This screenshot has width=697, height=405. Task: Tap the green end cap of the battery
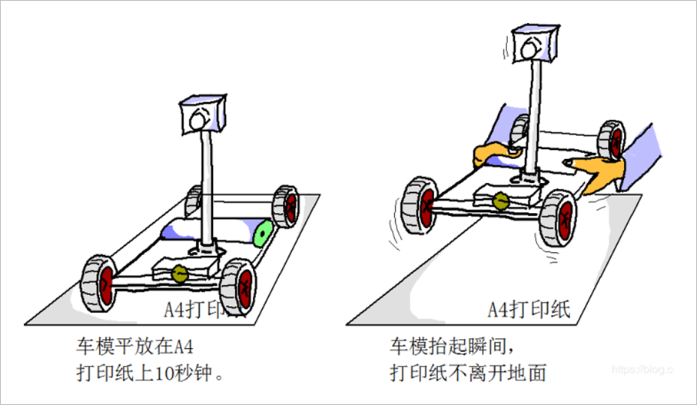pyautogui.click(x=264, y=232)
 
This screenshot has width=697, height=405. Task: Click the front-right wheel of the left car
pyautogui.click(x=239, y=284)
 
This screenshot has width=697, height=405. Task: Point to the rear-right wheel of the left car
pyautogui.click(x=286, y=206)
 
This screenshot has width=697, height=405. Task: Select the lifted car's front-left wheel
pyautogui.click(x=421, y=205)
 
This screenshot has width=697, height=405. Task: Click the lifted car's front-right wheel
pyautogui.click(x=559, y=217)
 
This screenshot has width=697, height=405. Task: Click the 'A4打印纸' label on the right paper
pyautogui.click(x=529, y=308)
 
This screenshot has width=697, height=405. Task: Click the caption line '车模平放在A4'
pyautogui.click(x=141, y=344)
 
